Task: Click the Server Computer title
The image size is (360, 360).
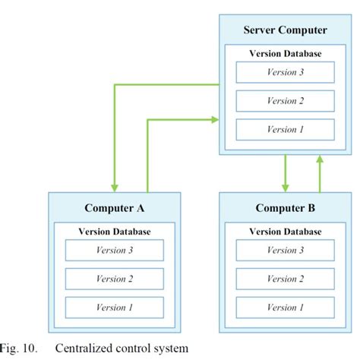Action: coord(285,30)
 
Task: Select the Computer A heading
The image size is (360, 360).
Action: coord(114,208)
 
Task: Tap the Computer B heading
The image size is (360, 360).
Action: coord(285,208)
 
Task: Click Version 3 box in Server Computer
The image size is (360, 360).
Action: coord(285,72)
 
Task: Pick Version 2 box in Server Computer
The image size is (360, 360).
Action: coord(285,101)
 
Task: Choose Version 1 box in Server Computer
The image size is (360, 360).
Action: coord(285,129)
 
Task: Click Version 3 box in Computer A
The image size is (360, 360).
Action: coord(114,251)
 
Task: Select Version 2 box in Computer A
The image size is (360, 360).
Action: coord(114,279)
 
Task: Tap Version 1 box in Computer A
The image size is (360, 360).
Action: coord(114,308)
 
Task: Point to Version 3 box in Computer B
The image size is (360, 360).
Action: coord(285,251)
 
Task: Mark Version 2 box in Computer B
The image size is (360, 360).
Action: coord(285,279)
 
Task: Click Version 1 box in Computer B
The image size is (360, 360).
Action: coord(285,308)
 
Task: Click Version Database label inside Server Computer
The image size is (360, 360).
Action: coord(285,54)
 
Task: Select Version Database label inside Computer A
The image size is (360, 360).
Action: coord(114,232)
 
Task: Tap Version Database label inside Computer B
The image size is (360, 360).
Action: coord(285,232)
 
